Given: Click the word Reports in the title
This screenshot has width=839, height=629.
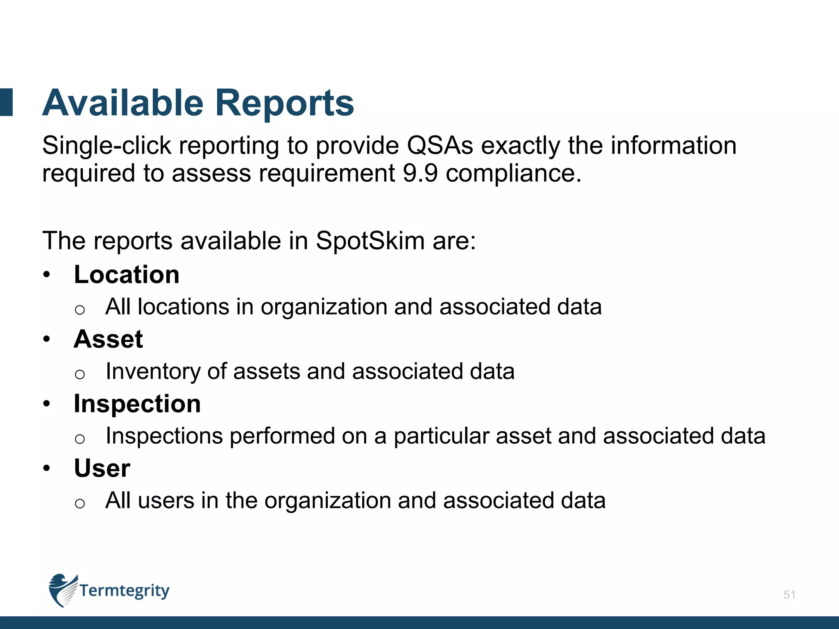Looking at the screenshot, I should tap(284, 103).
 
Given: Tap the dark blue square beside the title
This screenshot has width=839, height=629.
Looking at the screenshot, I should tap(7, 102).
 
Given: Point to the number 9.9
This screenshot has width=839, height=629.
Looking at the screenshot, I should tap(420, 173).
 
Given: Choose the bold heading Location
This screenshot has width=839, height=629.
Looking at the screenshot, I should tap(127, 275).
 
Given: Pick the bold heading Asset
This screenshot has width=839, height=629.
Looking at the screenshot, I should tap(108, 339).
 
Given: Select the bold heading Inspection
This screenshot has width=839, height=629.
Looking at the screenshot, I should tap(137, 404).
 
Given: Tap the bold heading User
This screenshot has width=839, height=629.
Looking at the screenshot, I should tap(102, 468).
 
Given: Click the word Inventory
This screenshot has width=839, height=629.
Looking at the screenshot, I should tap(153, 372).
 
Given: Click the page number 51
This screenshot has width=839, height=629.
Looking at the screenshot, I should tap(789, 595).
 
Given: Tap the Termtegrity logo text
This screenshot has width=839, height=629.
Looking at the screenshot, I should tap(124, 591).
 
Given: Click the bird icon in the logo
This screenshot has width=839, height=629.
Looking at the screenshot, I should tap(63, 590).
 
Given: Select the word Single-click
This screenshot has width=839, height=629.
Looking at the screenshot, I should tap(107, 146).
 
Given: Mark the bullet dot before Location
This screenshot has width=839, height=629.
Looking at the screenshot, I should tap(47, 275).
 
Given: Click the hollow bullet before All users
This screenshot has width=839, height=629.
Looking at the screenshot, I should tap(80, 503).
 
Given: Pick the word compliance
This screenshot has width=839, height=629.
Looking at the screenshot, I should tap(513, 173).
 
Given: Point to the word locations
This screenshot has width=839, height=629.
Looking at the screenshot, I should tap(183, 307).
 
